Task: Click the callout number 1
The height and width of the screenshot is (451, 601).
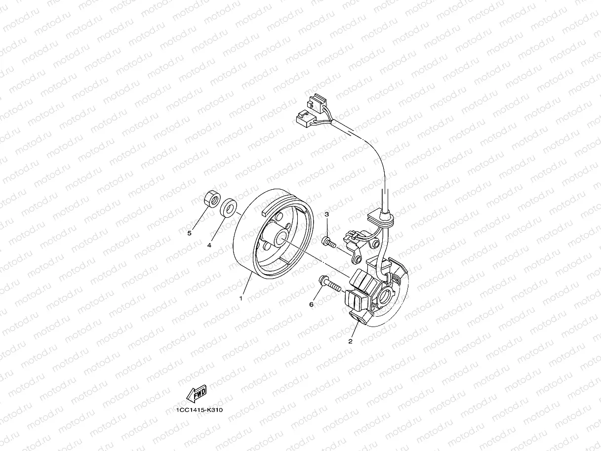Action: point(241,298)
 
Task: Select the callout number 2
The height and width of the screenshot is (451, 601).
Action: point(351,341)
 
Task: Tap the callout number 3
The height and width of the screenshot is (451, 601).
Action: point(326,213)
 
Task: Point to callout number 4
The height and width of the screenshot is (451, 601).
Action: point(209,245)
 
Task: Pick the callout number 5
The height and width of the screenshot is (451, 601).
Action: point(189,233)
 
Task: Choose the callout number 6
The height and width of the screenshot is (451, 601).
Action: point(311,304)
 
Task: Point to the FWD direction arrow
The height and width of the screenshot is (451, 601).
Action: point(197,393)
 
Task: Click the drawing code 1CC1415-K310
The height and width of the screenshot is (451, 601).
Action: point(196,410)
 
